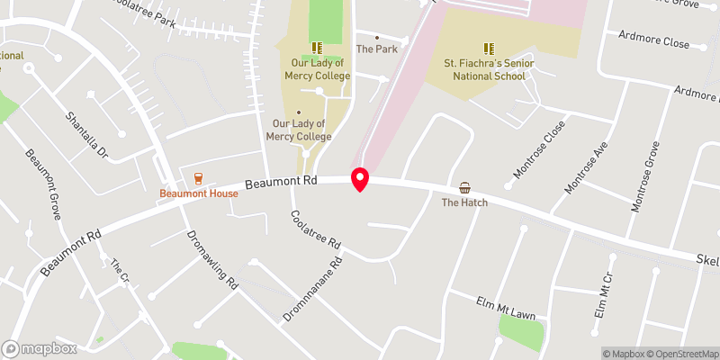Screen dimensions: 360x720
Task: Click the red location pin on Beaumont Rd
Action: tap(360, 179)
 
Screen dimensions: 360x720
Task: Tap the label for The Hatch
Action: tap(464, 202)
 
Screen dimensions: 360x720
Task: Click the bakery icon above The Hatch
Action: tap(464, 187)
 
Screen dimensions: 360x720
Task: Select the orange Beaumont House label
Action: tap(198, 193)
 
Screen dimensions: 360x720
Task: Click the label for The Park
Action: tap(376, 49)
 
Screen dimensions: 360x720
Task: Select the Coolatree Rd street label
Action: tap(314, 231)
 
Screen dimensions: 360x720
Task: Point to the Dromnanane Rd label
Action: tap(313, 291)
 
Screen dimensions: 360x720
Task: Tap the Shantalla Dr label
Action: tap(85, 135)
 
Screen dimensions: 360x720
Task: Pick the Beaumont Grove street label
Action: tap(42, 184)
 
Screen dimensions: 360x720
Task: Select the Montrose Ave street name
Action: tap(587, 166)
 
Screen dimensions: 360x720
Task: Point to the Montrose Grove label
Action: tap(646, 176)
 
